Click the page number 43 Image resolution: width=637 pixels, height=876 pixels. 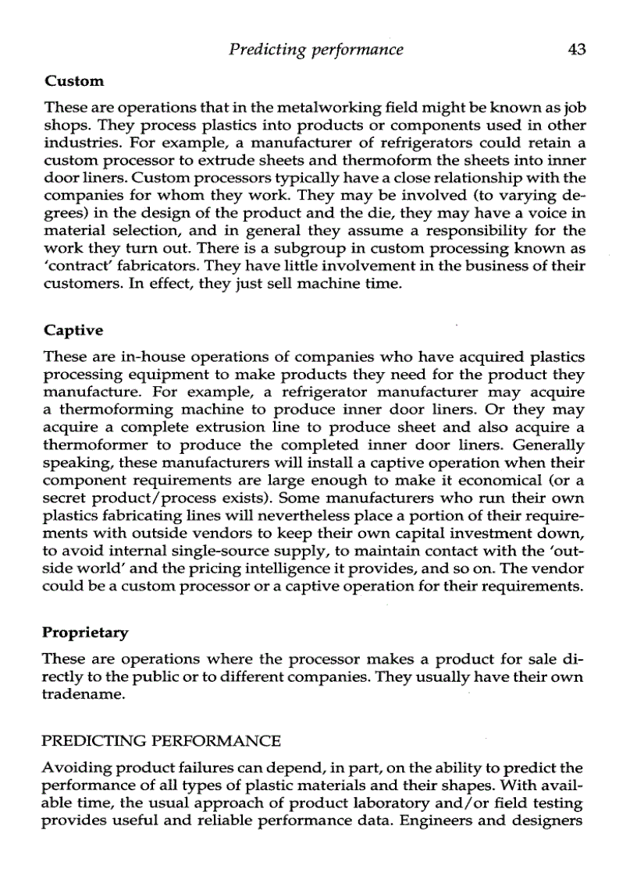[x=577, y=50]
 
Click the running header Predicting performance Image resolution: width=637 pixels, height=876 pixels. [x=316, y=50]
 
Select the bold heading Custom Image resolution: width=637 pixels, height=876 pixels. [x=74, y=80]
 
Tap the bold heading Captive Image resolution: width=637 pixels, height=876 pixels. [x=73, y=330]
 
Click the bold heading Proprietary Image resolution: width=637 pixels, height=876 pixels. [x=86, y=630]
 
